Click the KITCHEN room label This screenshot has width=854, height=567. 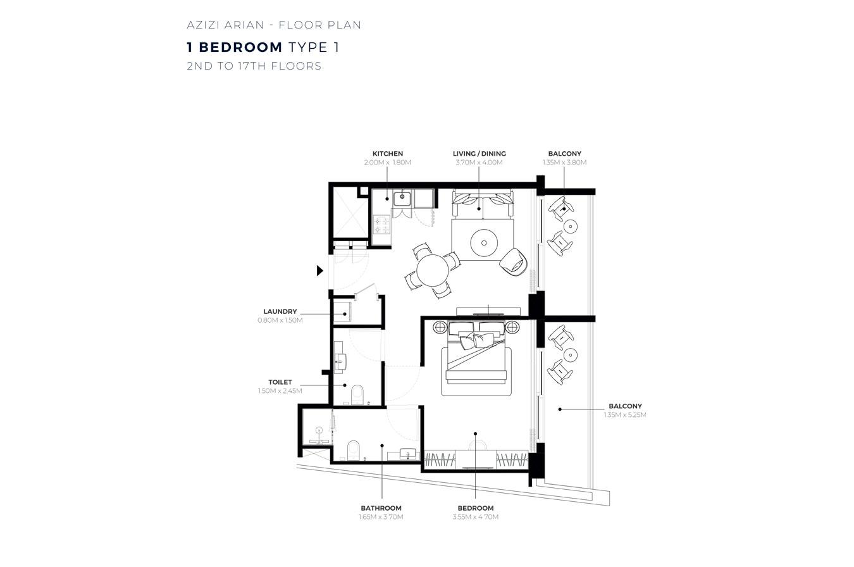coord(387,154)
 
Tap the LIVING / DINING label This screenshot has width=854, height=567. coord(480,154)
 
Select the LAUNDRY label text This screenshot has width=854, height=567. coord(280,311)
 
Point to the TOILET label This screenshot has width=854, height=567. coord(280,382)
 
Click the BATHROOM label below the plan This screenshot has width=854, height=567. coord(381,508)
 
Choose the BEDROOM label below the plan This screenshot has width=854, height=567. coord(476,508)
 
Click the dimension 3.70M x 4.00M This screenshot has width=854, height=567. coord(480,163)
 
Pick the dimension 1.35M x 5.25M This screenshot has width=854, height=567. coord(625,415)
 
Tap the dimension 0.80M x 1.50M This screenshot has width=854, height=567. coord(280,320)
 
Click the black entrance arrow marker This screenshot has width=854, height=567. coord(320,271)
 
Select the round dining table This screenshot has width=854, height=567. coord(432,270)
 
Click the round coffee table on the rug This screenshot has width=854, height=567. coord(484,243)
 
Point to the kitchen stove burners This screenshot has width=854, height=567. coord(381,225)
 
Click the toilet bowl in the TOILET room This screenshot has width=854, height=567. coord(357,394)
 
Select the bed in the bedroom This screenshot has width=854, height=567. coord(476,358)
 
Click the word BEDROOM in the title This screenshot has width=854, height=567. coord(240,47)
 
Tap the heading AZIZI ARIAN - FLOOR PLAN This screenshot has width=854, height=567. coord(274,25)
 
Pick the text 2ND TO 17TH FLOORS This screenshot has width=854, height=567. coord(254,66)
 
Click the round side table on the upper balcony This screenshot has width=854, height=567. coord(571,227)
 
